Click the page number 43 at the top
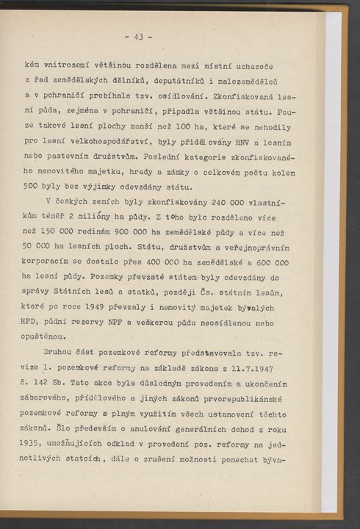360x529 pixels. pyautogui.click(x=138, y=35)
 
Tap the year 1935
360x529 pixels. pyautogui.click(x=35, y=447)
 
